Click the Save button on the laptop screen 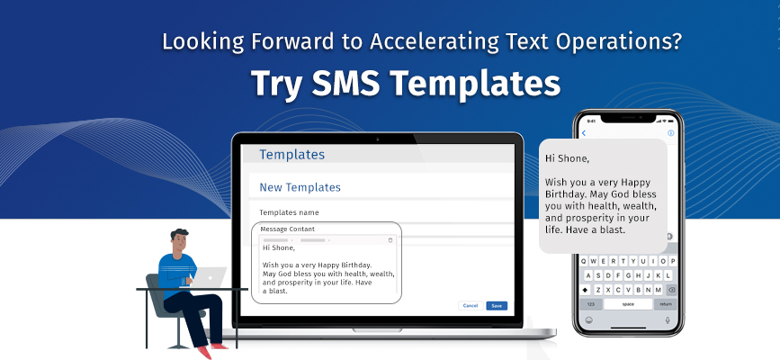point(496,306)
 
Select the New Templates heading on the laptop point(300,187)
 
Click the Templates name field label point(289,212)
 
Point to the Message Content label point(288,229)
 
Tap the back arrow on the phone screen point(584,133)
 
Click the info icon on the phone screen point(670,133)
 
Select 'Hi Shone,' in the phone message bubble point(568,158)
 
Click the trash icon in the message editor point(390,240)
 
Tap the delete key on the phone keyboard point(670,290)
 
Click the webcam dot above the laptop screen point(377,139)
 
